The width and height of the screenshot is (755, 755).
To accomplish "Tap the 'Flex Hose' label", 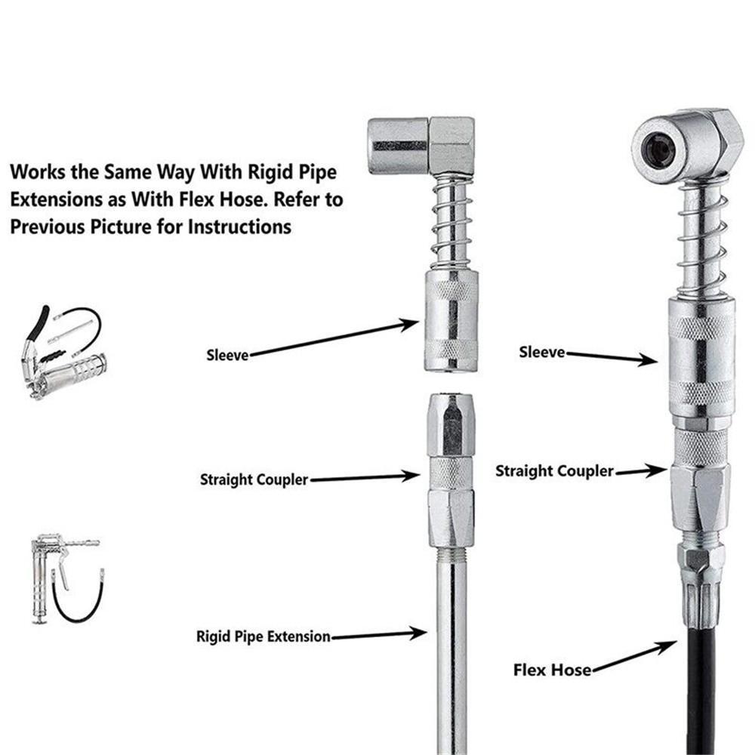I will pyautogui.click(x=552, y=669).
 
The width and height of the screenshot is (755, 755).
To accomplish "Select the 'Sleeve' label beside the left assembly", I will pyautogui.click(x=227, y=354).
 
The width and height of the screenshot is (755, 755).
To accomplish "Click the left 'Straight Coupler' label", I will pyautogui.click(x=254, y=479).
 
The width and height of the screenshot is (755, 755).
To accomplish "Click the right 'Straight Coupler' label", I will pyautogui.click(x=554, y=471).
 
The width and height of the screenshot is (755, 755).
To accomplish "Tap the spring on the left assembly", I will pyautogui.click(x=451, y=222).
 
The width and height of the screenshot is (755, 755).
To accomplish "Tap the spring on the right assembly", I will pyautogui.click(x=702, y=242).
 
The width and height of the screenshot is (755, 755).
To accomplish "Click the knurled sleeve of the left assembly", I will pyautogui.click(x=451, y=320).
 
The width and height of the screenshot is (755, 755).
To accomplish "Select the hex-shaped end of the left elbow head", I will pyautogui.click(x=451, y=145).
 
